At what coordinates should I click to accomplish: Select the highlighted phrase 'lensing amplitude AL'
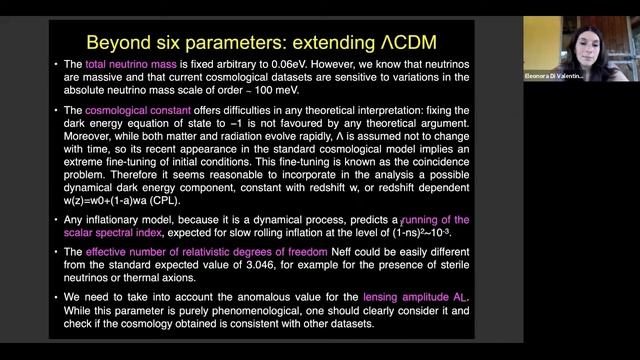425,299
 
